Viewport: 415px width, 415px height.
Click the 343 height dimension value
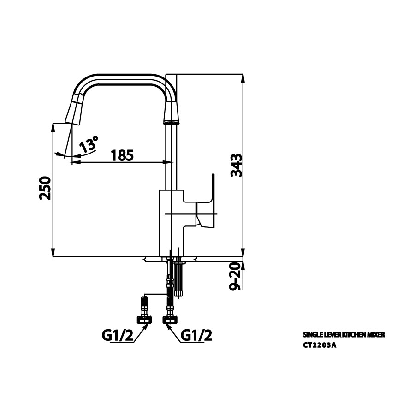[x=237, y=166]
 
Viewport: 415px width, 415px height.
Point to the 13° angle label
[x=88, y=144]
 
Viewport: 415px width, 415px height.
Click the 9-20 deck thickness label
[x=237, y=276]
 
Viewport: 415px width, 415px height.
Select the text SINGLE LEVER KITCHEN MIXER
[x=343, y=334]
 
